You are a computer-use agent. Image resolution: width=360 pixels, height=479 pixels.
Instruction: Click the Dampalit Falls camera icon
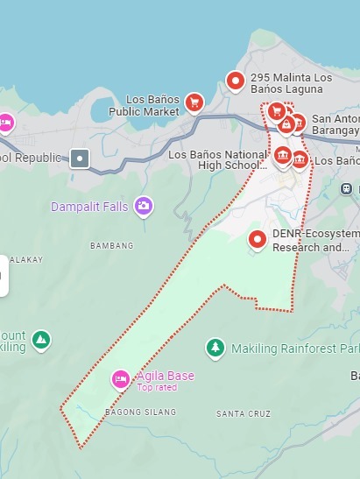click(144, 207)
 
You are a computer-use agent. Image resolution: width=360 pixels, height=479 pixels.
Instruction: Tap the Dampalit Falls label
click(89, 208)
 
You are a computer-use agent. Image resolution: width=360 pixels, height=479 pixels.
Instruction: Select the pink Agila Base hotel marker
click(121, 379)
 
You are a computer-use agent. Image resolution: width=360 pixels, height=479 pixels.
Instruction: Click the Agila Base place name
click(166, 376)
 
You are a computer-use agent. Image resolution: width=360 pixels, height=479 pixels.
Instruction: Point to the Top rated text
click(157, 387)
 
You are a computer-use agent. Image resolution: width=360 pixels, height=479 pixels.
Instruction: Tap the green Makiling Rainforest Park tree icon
click(215, 349)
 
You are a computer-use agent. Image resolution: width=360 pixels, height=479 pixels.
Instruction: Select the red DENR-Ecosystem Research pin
click(258, 238)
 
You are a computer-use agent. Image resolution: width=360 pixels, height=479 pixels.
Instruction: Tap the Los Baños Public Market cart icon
click(194, 103)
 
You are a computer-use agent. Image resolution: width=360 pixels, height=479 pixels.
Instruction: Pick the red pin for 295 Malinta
click(235, 81)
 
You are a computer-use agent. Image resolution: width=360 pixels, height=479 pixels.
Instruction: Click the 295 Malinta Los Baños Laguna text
click(291, 83)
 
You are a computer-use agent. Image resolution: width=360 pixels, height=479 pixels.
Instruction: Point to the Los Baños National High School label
click(217, 159)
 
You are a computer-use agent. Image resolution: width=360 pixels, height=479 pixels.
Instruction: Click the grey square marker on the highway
click(81, 158)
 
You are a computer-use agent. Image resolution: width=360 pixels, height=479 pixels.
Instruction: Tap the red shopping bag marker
click(286, 125)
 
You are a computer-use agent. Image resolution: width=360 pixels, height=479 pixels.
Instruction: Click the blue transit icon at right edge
click(347, 188)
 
